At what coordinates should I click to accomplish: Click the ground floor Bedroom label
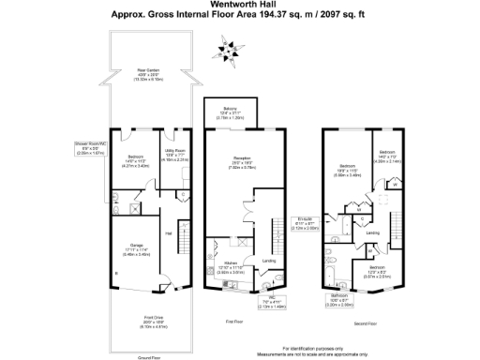pos(135,157)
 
